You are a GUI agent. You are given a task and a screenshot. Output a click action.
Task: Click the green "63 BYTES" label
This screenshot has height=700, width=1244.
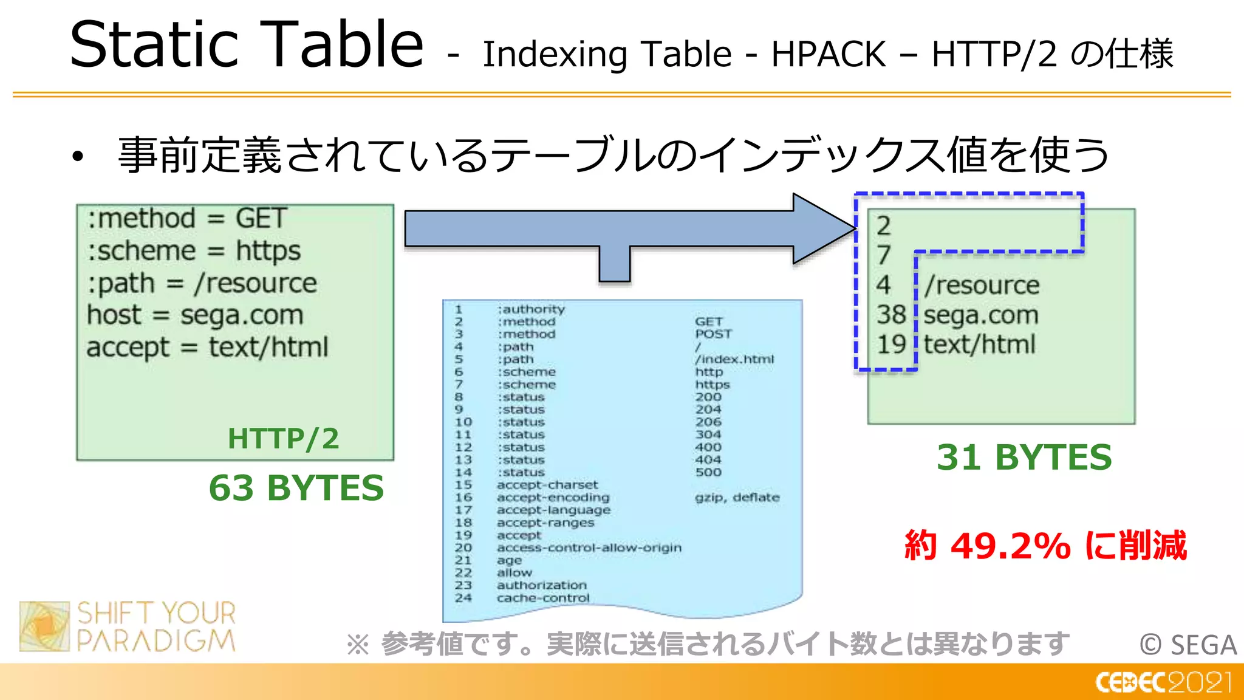tap(296, 488)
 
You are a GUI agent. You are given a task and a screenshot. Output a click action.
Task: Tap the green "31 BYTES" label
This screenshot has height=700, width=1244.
tap(1024, 458)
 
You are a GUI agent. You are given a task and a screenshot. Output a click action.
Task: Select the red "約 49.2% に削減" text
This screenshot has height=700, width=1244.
tap(1045, 545)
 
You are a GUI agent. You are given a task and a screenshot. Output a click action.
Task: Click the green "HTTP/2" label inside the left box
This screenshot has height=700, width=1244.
tap(283, 439)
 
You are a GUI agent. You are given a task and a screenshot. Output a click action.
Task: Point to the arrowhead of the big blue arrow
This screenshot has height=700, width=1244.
tap(826, 228)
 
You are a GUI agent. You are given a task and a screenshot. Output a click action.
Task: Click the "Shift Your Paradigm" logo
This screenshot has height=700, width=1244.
tap(128, 626)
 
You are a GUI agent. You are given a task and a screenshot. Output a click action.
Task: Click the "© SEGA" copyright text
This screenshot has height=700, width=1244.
tap(1188, 645)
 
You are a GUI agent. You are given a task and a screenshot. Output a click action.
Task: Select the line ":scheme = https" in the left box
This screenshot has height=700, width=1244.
tap(194, 251)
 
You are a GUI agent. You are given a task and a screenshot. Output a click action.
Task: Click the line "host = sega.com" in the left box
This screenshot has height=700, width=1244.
tap(195, 315)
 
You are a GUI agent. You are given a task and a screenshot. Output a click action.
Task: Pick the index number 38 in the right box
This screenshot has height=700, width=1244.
tap(891, 315)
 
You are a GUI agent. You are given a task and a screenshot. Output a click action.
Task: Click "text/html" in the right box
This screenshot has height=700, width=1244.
tap(979, 345)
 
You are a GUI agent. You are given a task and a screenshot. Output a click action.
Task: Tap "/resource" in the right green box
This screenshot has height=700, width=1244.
tap(982, 286)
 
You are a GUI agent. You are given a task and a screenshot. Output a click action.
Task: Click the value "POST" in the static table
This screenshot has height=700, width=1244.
tap(713, 334)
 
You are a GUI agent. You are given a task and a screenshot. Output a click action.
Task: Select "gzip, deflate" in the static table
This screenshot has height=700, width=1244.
tap(737, 498)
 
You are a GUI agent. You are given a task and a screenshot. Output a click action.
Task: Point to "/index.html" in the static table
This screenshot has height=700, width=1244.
tap(734, 359)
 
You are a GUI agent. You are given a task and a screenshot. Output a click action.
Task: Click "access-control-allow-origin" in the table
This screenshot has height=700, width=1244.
tap(589, 548)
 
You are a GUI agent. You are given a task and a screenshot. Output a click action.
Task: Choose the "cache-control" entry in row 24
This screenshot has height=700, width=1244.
tap(543, 598)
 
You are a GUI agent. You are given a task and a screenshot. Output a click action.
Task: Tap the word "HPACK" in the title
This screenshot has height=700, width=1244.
tap(829, 54)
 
